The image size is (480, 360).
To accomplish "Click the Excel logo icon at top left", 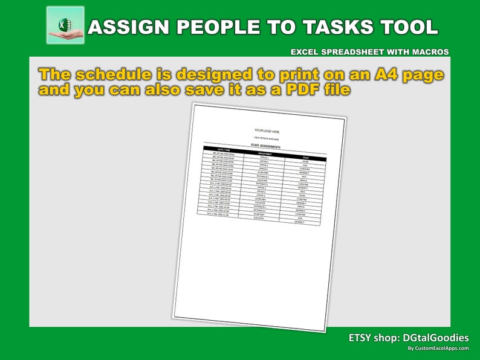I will click(65, 25).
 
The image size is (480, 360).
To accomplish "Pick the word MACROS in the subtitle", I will click(429, 52).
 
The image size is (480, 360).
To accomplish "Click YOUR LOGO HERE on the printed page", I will click(267, 131).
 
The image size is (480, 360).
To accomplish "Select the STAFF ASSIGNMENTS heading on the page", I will click(265, 147).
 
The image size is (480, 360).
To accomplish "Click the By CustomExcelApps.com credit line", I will click(438, 349).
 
